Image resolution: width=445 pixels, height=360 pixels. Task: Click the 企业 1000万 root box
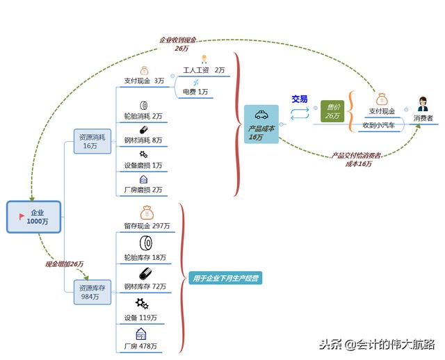point(34,216)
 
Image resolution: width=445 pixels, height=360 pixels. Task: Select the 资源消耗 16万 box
point(92,142)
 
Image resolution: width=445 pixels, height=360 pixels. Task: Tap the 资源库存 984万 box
point(92,292)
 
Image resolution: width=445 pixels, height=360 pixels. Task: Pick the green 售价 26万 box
point(332,111)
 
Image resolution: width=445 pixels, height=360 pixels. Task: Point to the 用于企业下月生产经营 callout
point(225,279)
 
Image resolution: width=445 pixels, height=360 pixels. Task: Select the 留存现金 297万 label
point(147,226)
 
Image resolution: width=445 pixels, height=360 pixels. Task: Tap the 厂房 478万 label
point(140,346)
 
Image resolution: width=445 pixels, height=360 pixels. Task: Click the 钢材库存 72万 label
point(145,286)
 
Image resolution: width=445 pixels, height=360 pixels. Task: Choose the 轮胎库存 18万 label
point(145,257)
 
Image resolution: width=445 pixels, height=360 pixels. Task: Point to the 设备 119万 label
point(140,318)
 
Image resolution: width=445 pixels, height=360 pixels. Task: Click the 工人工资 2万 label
point(204,70)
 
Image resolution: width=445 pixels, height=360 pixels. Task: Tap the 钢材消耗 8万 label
point(143,140)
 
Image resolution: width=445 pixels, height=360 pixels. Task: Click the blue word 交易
point(299,99)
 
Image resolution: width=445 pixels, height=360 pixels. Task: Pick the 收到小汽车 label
point(378,125)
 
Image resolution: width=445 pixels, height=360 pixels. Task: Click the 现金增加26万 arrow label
point(64,264)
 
